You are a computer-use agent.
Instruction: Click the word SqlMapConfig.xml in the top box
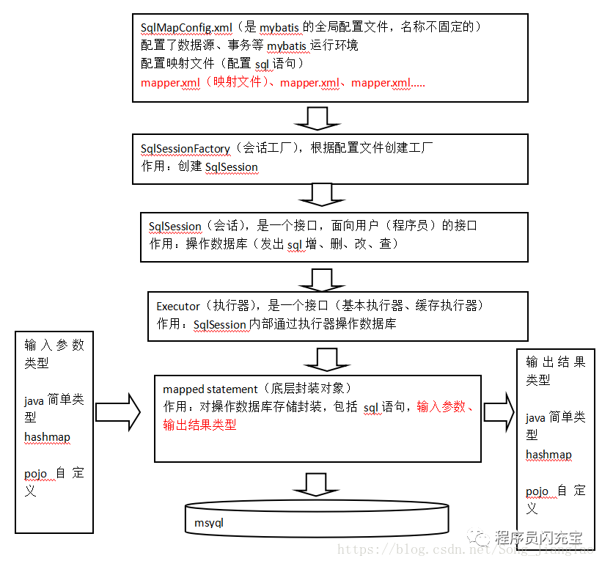pos(186,28)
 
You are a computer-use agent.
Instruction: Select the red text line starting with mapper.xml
pos(282,83)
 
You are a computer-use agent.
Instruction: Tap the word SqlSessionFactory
pos(186,148)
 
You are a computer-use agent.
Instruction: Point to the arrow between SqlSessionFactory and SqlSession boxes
pos(317,194)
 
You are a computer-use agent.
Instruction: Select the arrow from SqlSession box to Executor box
pos(317,278)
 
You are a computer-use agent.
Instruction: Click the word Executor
pos(178,306)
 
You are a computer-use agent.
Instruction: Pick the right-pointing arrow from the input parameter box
pos(117,411)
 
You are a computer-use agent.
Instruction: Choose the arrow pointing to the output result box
pos(499,412)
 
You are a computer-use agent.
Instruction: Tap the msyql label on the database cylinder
pos(209,523)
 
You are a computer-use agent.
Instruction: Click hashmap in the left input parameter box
pos(47,437)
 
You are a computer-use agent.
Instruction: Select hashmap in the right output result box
pos(548,455)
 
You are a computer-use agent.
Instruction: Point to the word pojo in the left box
pos(36,474)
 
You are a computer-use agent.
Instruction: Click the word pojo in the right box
pos(537,491)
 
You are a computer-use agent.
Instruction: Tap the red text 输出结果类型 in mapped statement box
pos(199,425)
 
